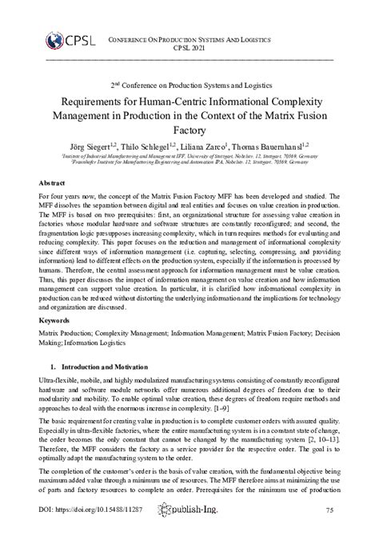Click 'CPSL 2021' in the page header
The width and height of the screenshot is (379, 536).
(189, 47)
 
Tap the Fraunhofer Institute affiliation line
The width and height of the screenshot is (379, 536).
(189, 162)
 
